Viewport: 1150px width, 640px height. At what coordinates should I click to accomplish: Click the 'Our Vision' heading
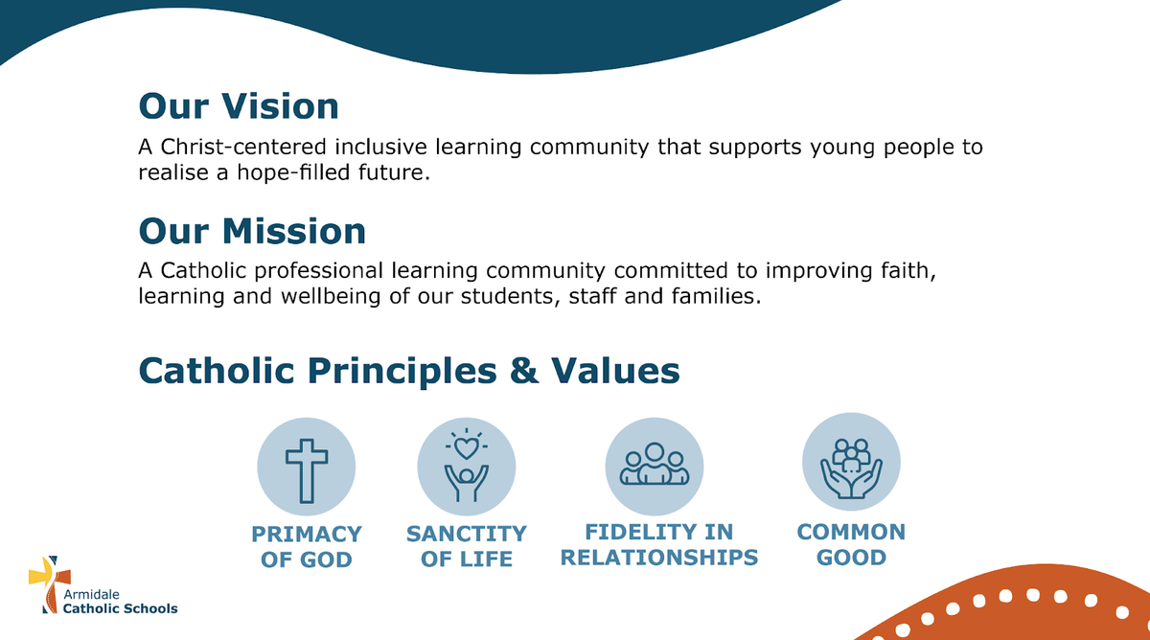click(x=239, y=106)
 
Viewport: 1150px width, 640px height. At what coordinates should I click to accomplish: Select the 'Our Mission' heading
click(x=252, y=231)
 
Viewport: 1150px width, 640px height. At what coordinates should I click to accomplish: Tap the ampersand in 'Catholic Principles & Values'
click(x=524, y=371)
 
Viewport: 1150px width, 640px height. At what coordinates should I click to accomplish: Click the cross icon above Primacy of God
click(x=307, y=470)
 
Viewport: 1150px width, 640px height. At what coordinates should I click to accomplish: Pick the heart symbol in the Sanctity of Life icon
click(x=466, y=448)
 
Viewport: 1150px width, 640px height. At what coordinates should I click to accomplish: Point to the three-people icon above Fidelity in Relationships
click(x=654, y=464)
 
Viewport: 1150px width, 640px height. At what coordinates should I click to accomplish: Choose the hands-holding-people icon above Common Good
click(x=851, y=469)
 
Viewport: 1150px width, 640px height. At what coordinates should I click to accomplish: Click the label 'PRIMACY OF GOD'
click(x=307, y=547)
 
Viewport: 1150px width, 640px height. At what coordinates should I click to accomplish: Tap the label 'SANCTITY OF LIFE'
click(x=467, y=546)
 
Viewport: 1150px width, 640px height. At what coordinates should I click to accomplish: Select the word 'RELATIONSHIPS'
click(x=659, y=558)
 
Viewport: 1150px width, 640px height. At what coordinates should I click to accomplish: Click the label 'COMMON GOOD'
click(x=851, y=544)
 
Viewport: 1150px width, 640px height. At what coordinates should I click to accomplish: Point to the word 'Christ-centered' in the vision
click(x=243, y=147)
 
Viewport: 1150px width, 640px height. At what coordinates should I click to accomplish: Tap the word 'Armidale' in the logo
click(x=91, y=594)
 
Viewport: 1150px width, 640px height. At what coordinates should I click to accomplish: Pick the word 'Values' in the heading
click(x=615, y=371)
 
